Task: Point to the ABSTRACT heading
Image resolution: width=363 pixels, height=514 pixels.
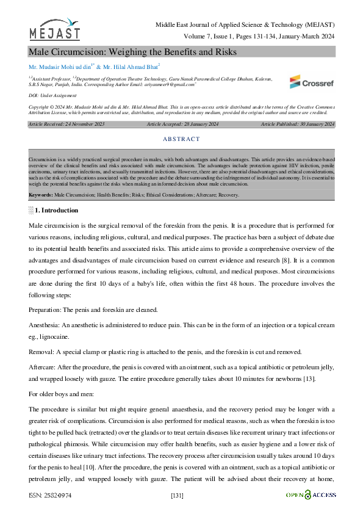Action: (181, 139)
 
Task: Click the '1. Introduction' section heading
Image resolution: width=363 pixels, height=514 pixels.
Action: (56, 211)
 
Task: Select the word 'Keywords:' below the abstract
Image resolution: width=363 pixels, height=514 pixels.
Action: (41, 195)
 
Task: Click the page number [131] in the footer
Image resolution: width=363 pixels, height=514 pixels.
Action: (178, 494)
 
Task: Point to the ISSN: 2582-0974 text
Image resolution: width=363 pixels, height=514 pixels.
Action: (51, 494)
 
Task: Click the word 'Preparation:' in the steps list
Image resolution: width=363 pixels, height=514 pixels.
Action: (45, 310)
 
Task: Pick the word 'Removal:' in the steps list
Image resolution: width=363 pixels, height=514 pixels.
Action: (41, 352)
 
